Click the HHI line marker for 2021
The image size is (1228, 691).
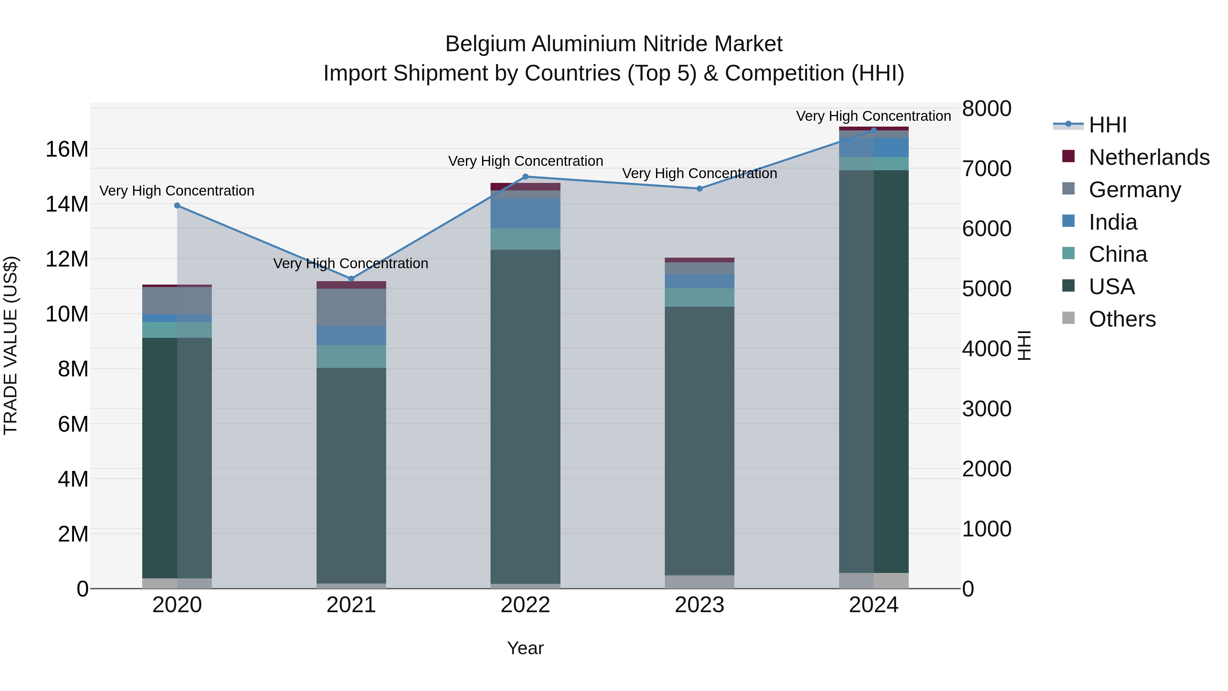(x=351, y=278)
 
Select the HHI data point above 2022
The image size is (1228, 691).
(x=525, y=176)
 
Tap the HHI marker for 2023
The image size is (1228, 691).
(x=699, y=188)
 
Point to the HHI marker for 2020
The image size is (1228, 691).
(x=177, y=205)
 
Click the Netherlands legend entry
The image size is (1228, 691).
(x=1149, y=157)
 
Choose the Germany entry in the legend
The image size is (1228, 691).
(x=1135, y=190)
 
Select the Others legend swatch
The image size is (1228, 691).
(x=1069, y=318)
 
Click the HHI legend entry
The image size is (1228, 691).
(x=1107, y=125)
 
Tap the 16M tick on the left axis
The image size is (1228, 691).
(x=67, y=149)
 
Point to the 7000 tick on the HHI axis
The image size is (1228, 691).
(x=986, y=169)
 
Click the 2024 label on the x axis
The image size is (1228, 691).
(x=873, y=605)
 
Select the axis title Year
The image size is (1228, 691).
(x=525, y=648)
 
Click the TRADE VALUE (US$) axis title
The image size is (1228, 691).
(x=11, y=345)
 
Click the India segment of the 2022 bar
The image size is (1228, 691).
(x=525, y=213)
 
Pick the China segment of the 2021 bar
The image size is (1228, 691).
(x=351, y=356)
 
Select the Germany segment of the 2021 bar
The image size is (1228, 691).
(x=351, y=307)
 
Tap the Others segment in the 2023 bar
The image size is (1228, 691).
(x=699, y=581)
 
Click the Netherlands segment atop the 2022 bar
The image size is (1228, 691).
(x=525, y=186)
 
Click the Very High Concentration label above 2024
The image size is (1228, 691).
(x=873, y=116)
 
